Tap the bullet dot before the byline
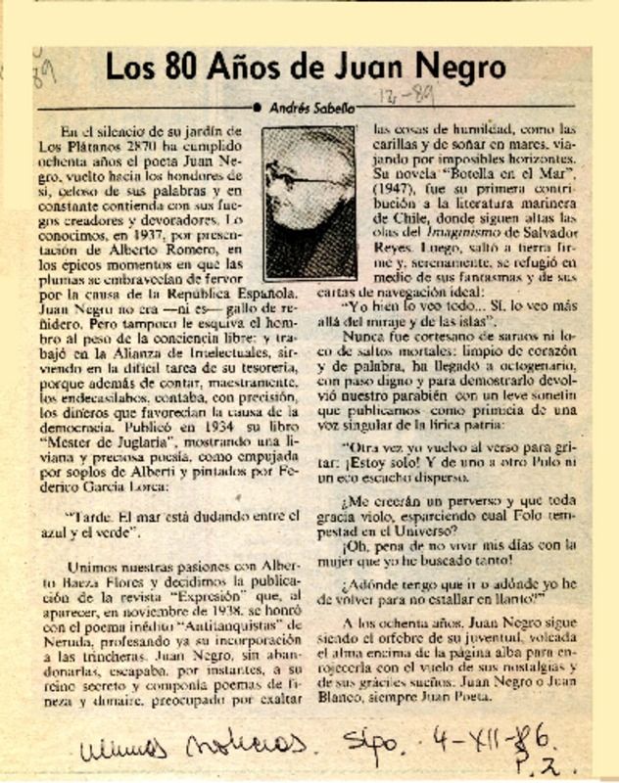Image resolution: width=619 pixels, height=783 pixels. tap(258, 108)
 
